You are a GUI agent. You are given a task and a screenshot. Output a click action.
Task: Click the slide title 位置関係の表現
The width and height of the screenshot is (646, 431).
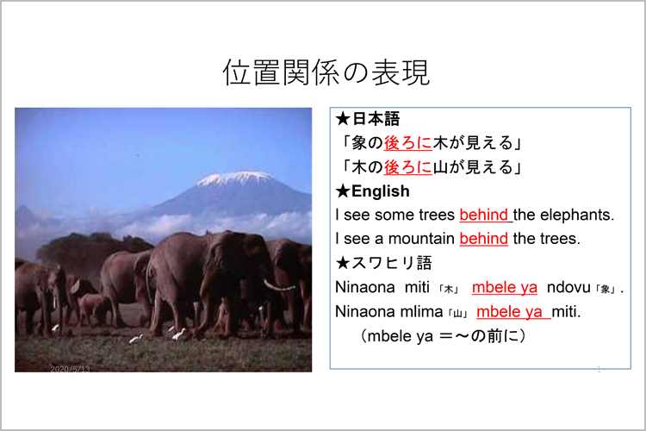(326, 72)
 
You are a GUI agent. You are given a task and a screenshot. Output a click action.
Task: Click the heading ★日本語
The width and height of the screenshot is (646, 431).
(368, 119)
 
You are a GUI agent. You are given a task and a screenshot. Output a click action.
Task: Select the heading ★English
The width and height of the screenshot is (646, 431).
(372, 191)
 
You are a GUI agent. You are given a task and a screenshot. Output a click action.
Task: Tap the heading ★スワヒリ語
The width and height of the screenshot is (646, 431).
(383, 263)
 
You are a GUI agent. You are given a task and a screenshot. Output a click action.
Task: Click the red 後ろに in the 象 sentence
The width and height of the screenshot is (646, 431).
(408, 143)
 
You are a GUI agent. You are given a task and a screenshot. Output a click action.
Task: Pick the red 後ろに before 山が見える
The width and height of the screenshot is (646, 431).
(408, 167)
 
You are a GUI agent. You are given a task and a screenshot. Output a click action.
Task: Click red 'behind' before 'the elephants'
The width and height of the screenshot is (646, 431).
(484, 215)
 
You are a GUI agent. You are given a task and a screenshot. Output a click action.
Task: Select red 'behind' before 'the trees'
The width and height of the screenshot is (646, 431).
(484, 239)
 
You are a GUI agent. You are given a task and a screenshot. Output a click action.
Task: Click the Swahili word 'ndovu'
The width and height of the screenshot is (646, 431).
(568, 287)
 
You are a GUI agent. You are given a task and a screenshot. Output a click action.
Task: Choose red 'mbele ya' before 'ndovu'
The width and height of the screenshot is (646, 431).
(505, 287)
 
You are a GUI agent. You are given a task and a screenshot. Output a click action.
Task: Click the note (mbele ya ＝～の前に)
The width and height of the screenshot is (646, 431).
(443, 335)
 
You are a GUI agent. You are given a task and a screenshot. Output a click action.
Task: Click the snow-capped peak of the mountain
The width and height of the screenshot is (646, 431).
(236, 178)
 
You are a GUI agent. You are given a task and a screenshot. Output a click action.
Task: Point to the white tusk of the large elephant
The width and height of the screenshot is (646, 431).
(278, 286)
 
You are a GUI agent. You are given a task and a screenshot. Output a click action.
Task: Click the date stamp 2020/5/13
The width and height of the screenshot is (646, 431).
(70, 369)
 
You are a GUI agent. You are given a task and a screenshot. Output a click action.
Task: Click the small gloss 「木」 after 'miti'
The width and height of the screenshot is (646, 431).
(448, 290)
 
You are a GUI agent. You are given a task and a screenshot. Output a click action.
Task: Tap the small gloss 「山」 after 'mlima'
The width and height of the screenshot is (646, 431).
(457, 314)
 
